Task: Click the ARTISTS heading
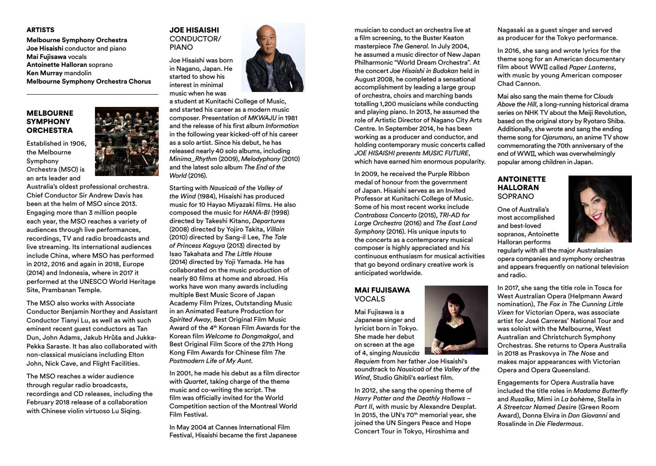[40, 30]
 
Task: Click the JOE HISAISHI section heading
[194, 30]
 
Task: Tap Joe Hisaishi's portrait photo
[273, 57]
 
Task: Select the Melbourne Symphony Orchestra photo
[127, 141]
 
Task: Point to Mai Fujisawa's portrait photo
[456, 320]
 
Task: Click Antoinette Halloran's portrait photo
[600, 209]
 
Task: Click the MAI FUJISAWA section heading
[382, 290]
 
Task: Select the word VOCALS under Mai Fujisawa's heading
[370, 299]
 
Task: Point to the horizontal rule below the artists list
[92, 95]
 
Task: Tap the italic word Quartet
[195, 382]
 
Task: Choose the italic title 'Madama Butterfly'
[601, 391]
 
